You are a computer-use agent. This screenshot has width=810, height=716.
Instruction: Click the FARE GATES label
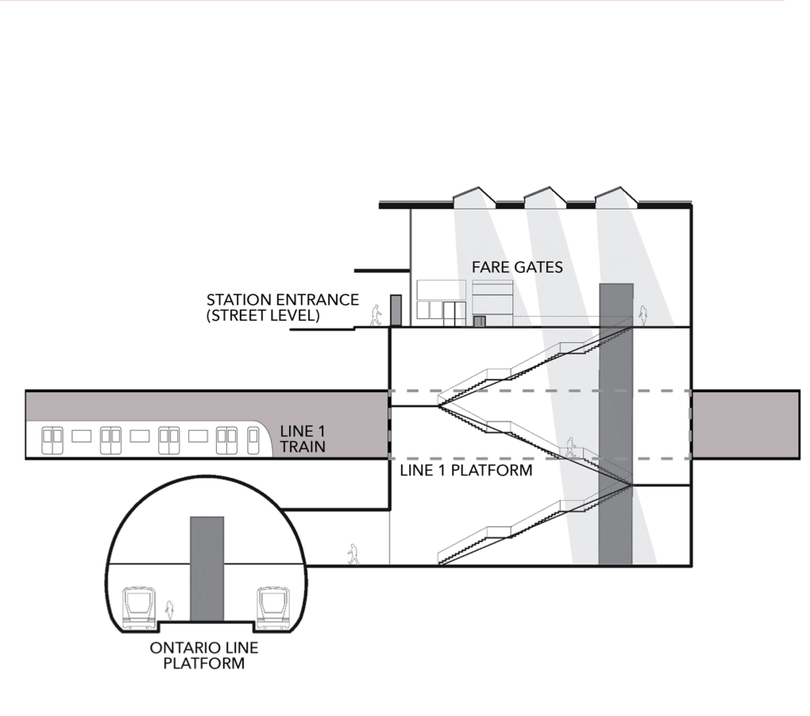click(517, 268)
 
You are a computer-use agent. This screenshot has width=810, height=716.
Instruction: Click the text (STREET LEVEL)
click(263, 315)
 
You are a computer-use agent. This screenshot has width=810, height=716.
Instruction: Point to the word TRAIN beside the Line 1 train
click(302, 447)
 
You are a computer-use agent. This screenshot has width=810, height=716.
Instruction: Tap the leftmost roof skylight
click(474, 197)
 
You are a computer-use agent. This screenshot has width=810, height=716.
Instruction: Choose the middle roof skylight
click(546, 197)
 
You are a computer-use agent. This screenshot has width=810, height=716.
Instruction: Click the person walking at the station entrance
click(376, 315)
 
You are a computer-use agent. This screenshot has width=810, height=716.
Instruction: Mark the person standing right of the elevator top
click(644, 316)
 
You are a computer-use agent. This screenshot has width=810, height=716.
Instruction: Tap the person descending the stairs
click(569, 446)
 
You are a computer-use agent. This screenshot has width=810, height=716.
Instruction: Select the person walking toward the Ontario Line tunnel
click(353, 554)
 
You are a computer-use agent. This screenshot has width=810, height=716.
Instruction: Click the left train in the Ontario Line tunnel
click(139, 608)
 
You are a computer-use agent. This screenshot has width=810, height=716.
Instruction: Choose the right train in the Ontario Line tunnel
click(272, 608)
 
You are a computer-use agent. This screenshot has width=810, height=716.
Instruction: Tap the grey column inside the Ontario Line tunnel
click(206, 568)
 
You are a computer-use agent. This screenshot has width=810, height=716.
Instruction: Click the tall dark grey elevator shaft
click(615, 421)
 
